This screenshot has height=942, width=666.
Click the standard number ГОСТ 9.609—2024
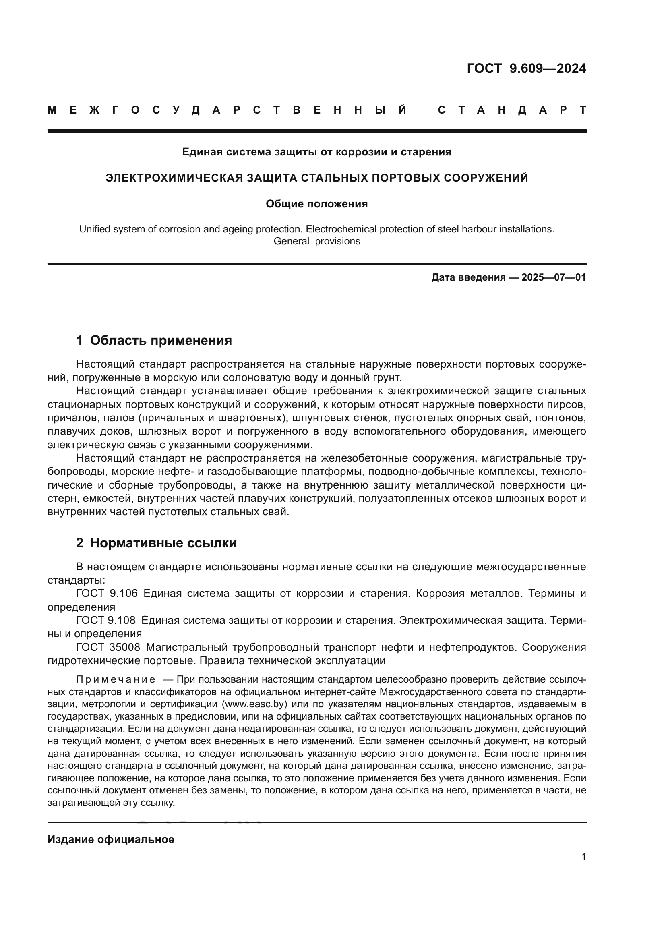point(526,68)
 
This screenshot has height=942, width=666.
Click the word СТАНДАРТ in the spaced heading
point(512,110)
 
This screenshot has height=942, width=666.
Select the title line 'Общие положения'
point(316,204)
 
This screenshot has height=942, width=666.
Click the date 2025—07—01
point(554,278)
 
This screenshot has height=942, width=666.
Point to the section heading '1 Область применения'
point(154,341)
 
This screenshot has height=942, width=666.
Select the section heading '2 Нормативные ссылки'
point(156,543)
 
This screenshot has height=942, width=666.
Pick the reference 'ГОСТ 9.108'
point(107,620)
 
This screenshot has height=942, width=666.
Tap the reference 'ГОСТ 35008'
point(108,648)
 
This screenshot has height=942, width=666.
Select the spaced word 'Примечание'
point(116,680)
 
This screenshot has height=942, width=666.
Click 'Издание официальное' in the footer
point(111,839)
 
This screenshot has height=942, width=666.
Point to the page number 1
point(583,857)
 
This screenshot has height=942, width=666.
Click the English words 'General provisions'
point(316,241)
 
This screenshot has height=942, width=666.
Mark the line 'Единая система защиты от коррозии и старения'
point(316,152)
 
